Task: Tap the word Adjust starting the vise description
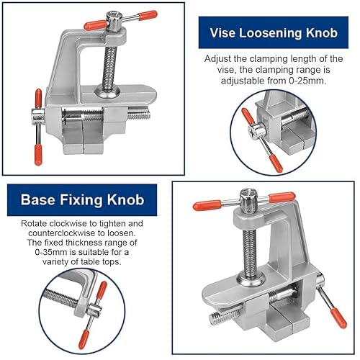coord(221,58)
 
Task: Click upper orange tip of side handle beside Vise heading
coord(37,96)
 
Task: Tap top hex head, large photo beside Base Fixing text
coord(245,197)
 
